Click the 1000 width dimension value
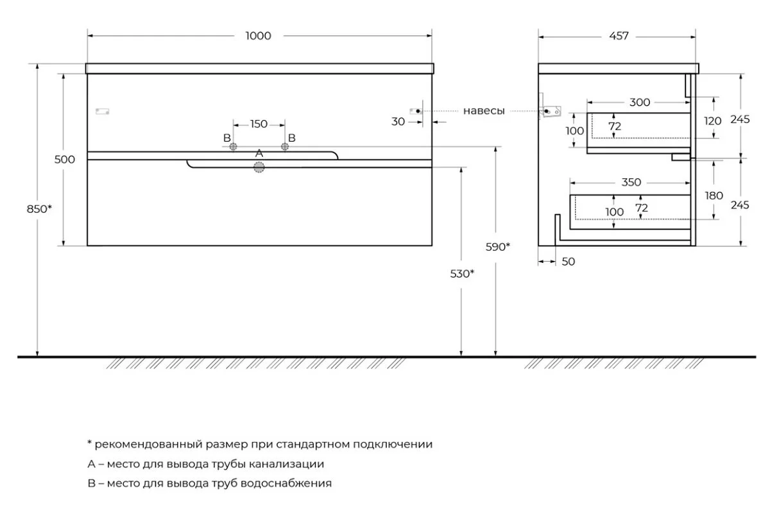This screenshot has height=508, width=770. pyautogui.click(x=258, y=36)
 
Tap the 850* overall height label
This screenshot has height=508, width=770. pyautogui.click(x=40, y=208)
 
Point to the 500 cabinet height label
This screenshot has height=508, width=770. pyautogui.click(x=64, y=160)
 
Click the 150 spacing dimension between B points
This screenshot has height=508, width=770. pyautogui.click(x=259, y=124)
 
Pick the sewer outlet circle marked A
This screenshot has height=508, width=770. pyautogui.click(x=259, y=167)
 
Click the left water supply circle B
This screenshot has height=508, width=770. pyautogui.click(x=234, y=147)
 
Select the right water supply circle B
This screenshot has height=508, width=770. pyautogui.click(x=285, y=147)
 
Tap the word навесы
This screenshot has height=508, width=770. pyautogui.click(x=484, y=111)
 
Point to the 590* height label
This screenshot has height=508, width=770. pyautogui.click(x=498, y=246)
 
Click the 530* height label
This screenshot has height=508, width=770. pyautogui.click(x=463, y=273)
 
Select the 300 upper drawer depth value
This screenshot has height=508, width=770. pyautogui.click(x=639, y=102)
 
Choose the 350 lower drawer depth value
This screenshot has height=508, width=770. pyautogui.click(x=631, y=182)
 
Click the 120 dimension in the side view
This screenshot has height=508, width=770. pyautogui.click(x=714, y=120)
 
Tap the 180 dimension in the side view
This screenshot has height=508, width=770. pyautogui.click(x=714, y=195)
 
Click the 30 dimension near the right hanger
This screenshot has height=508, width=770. pyautogui.click(x=398, y=121)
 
